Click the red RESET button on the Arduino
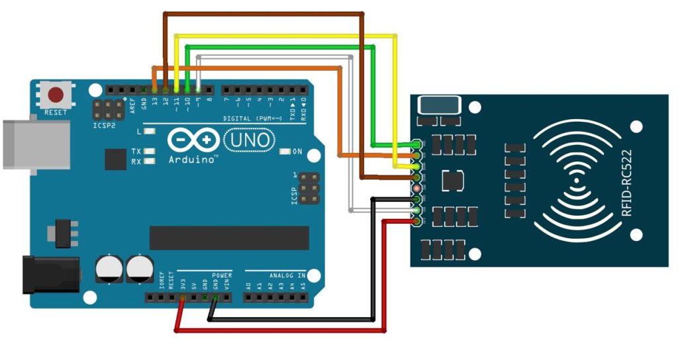point(56,93)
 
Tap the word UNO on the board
point(250,140)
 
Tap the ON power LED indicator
point(285,152)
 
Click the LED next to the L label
point(150,132)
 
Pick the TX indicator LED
point(150,151)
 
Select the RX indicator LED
point(150,161)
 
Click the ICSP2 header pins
point(109,110)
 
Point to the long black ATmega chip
point(229,238)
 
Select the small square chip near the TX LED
point(115,159)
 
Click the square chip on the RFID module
point(453,179)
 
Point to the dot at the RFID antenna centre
point(576,180)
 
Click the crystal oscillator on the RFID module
point(439,105)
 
